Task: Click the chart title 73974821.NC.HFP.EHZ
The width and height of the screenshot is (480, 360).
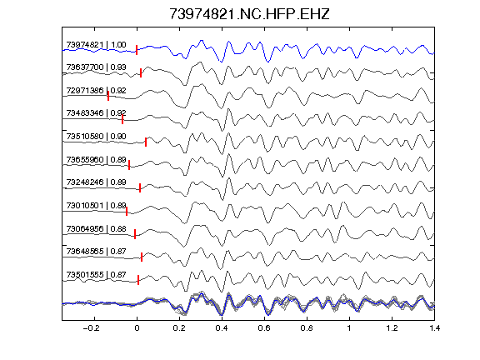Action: (x=249, y=14)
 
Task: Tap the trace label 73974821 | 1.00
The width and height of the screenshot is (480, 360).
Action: (x=96, y=45)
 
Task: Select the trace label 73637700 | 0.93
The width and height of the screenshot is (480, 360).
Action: (x=96, y=67)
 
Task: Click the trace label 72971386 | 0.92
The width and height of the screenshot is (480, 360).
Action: (x=96, y=91)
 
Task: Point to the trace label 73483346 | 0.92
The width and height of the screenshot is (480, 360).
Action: (x=96, y=113)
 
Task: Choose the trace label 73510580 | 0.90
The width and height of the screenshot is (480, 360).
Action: (x=96, y=136)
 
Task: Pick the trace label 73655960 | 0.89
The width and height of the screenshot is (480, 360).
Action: (x=96, y=159)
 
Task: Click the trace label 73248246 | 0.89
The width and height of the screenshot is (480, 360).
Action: (x=96, y=182)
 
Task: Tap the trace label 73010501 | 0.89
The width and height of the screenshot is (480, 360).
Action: (x=96, y=205)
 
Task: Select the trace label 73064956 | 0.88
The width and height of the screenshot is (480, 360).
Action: (x=96, y=228)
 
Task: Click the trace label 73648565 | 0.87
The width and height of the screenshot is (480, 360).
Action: (x=96, y=252)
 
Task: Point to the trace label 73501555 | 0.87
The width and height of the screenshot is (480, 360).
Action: (x=96, y=275)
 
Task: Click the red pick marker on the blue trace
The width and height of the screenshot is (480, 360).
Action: (x=137, y=50)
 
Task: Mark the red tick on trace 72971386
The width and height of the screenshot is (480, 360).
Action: (x=108, y=96)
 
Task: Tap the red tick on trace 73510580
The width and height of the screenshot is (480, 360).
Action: (x=146, y=142)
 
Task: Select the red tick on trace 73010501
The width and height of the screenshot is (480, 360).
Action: (x=127, y=211)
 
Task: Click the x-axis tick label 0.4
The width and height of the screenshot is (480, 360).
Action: (x=222, y=328)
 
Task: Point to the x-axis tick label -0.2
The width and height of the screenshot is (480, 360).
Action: (x=92, y=328)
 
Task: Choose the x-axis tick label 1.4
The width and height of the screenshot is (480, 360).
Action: (x=434, y=328)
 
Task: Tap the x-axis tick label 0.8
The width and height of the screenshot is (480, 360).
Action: (x=307, y=328)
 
